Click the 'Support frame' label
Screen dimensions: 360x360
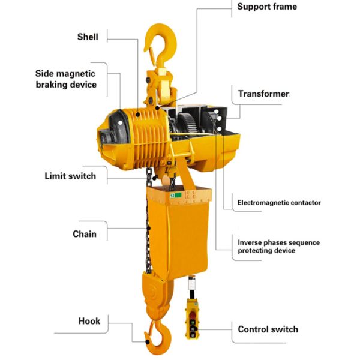(267, 7)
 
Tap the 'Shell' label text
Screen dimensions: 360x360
(88, 37)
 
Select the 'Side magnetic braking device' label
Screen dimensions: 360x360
(66, 79)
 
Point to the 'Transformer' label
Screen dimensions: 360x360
(263, 94)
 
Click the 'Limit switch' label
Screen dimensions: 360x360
(70, 176)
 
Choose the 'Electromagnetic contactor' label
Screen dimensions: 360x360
(279, 203)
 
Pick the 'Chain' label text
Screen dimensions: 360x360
(85, 234)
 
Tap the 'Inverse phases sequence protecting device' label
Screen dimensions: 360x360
(279, 247)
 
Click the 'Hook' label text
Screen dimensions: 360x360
(89, 321)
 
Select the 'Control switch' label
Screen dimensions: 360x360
(268, 329)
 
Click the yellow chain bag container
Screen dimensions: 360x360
(179, 232)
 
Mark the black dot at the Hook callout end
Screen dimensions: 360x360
(148, 342)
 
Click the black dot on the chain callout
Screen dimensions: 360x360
(149, 228)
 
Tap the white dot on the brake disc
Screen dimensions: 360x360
(120, 123)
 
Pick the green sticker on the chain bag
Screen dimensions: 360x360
(176, 196)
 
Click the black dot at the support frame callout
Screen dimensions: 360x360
(157, 107)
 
